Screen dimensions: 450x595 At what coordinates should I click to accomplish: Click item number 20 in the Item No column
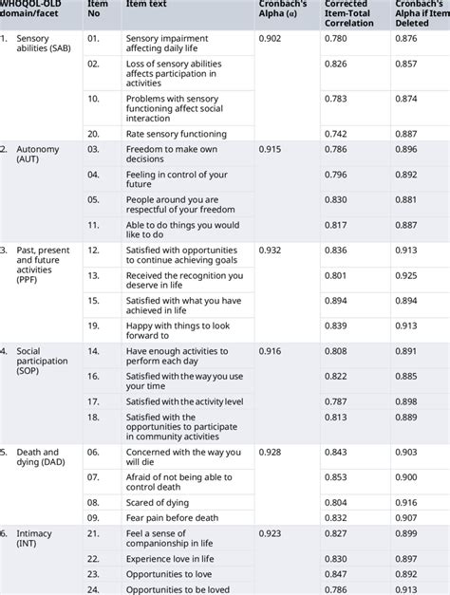93,135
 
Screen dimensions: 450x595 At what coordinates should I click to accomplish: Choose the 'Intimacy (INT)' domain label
33,541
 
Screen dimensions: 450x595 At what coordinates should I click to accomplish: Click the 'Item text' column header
143,5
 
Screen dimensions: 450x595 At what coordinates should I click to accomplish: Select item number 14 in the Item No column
93,351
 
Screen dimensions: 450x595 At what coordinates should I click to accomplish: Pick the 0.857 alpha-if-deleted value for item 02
406,64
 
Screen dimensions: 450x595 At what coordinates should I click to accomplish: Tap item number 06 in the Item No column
93,452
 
